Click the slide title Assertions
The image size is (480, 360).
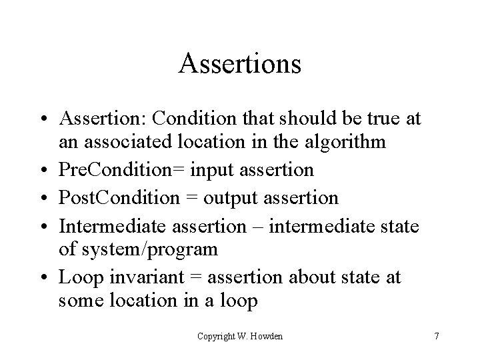point(240,64)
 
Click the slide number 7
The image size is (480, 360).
point(436,336)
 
